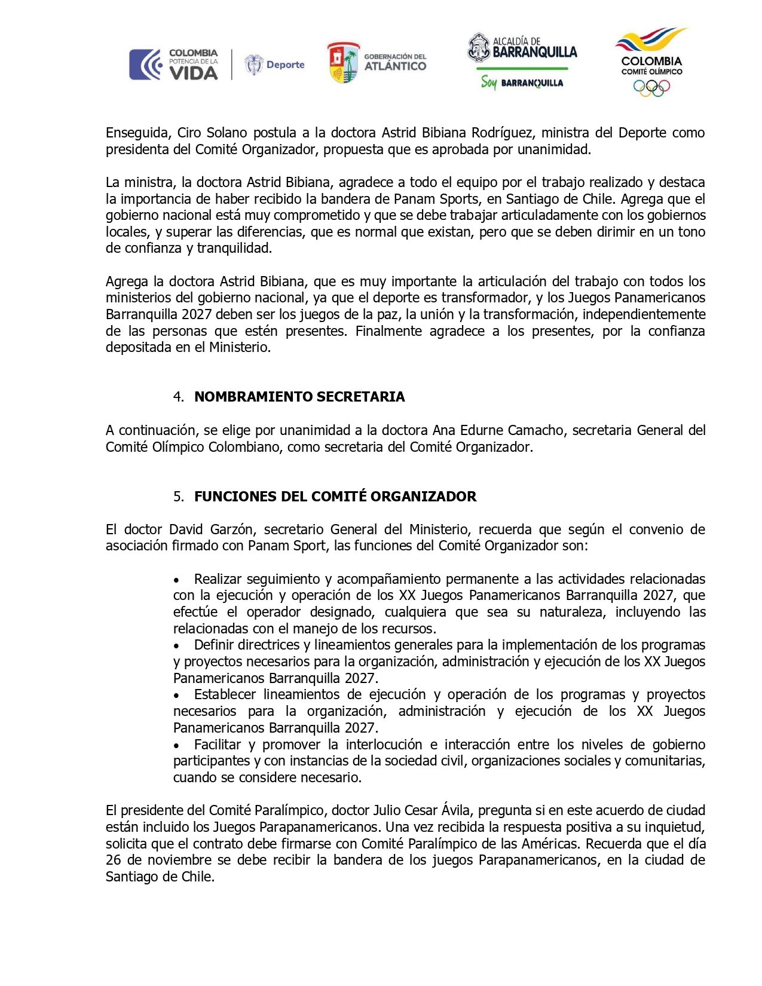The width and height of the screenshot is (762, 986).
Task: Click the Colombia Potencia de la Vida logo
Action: coord(173,65)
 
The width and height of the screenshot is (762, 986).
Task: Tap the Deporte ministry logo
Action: coord(275,65)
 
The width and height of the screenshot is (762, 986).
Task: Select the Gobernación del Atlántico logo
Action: coord(377,62)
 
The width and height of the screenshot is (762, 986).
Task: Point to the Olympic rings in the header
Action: coord(651,88)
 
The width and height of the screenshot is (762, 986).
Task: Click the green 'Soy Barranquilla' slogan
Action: coord(522,82)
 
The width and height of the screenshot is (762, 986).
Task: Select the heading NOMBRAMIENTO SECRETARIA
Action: coord(299,397)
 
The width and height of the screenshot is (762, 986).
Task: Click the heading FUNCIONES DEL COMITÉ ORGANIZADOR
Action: coord(335,497)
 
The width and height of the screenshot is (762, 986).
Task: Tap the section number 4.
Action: coord(178,397)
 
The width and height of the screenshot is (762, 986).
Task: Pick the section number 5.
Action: coord(178,497)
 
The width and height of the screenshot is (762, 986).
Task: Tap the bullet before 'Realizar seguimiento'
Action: coord(176,580)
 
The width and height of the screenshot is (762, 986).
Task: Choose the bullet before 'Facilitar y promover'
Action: coord(176,745)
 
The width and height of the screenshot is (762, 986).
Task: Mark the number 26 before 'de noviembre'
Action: coord(114,860)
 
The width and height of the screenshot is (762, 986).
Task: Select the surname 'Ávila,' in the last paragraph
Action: coord(456,810)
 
